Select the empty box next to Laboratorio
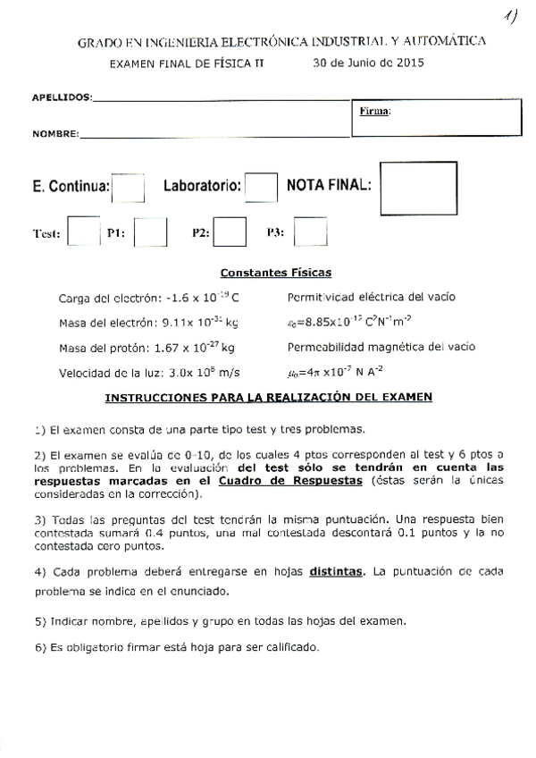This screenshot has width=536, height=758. click(261, 188)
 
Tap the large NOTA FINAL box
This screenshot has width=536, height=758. click(418, 188)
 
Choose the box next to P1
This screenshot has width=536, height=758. click(150, 232)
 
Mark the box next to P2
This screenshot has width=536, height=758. click(230, 232)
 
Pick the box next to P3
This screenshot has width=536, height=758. click(310, 232)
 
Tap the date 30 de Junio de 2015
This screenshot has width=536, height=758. click(368, 63)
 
